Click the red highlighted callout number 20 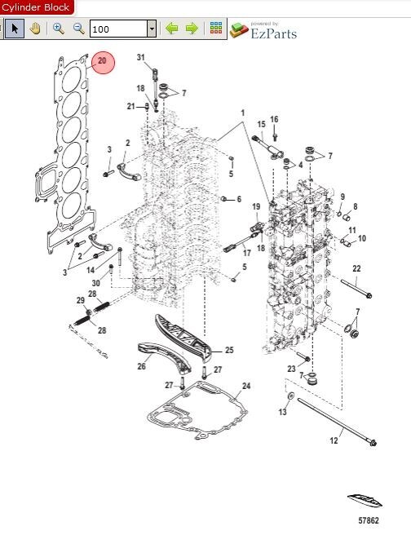tap(102, 61)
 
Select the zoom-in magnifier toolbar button tap(59, 29)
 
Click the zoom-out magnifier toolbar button tap(79, 29)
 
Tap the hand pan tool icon tap(35, 29)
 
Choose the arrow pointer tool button tap(15, 29)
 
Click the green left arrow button tap(171, 29)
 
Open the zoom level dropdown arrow tap(152, 29)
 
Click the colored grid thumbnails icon tap(216, 28)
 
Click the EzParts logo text tap(273, 33)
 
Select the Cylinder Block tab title tap(35, 7)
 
